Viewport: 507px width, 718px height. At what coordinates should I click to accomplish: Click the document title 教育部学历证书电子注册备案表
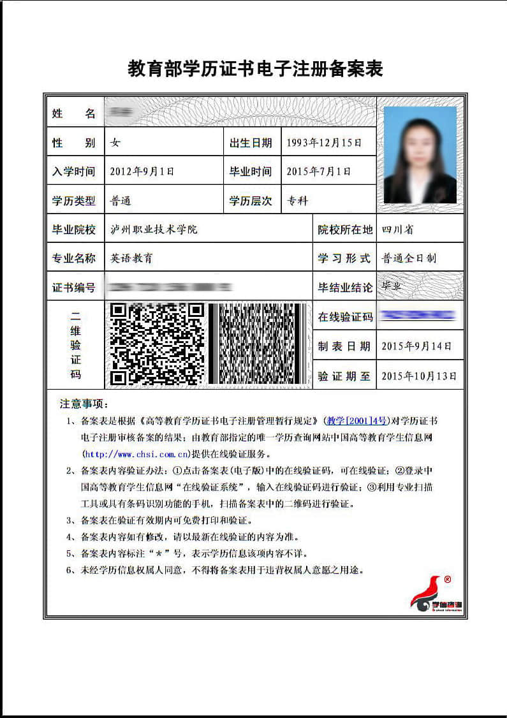pos(255,69)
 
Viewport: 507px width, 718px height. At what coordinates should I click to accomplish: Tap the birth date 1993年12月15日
pos(324,143)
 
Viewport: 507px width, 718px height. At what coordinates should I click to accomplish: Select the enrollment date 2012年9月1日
pos(142,172)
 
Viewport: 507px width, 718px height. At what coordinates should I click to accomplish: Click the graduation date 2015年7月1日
pos(319,172)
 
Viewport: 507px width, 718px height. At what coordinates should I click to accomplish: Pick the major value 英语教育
pos(131,258)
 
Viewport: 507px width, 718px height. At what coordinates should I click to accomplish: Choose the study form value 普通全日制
pos(409,258)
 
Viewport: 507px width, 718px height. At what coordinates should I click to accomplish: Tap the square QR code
pos(157,344)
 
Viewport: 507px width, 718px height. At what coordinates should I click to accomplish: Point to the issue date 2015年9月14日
pos(416,346)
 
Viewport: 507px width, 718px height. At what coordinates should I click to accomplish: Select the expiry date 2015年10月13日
pos(419,376)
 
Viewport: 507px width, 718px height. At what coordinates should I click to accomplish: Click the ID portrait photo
pos(420,155)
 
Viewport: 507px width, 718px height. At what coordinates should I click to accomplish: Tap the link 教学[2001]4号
pos(357,421)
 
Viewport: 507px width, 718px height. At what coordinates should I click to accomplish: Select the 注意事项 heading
pos(84,404)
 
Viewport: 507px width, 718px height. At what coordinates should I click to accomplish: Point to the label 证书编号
pos(73,288)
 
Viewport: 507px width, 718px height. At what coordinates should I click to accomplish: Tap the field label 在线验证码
pos(345,317)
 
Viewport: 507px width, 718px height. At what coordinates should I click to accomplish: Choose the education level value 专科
pos(298,201)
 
